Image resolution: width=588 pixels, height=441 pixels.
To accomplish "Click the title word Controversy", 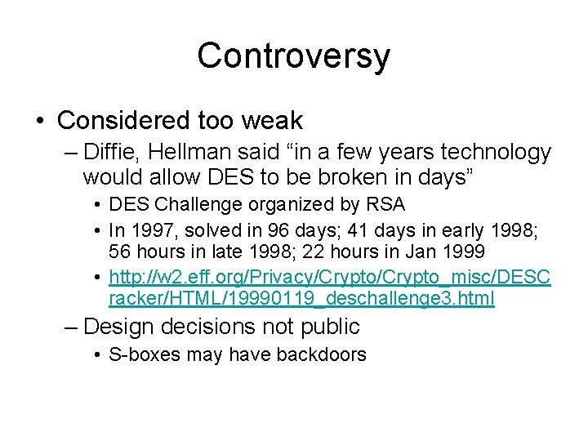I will point(293,56).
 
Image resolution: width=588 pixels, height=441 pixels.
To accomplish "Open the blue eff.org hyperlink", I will point(327,278).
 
